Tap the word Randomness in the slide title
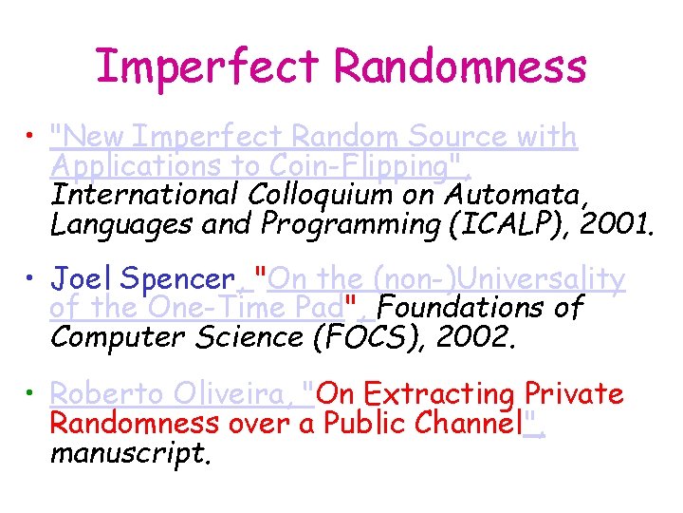[x=461, y=66]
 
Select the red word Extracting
[x=439, y=393]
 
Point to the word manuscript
[x=129, y=452]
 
